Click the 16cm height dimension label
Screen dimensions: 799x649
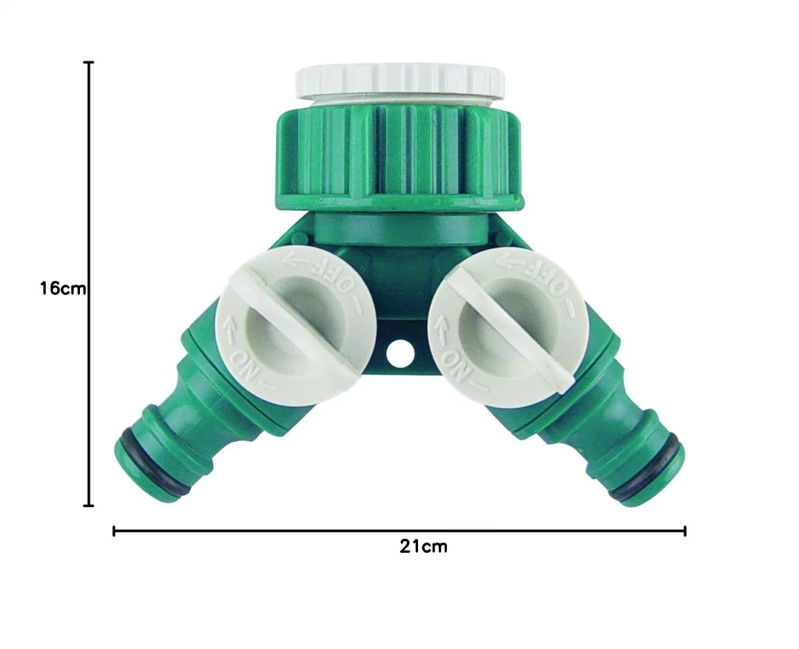[x=63, y=288]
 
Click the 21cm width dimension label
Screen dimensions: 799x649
[x=423, y=546]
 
